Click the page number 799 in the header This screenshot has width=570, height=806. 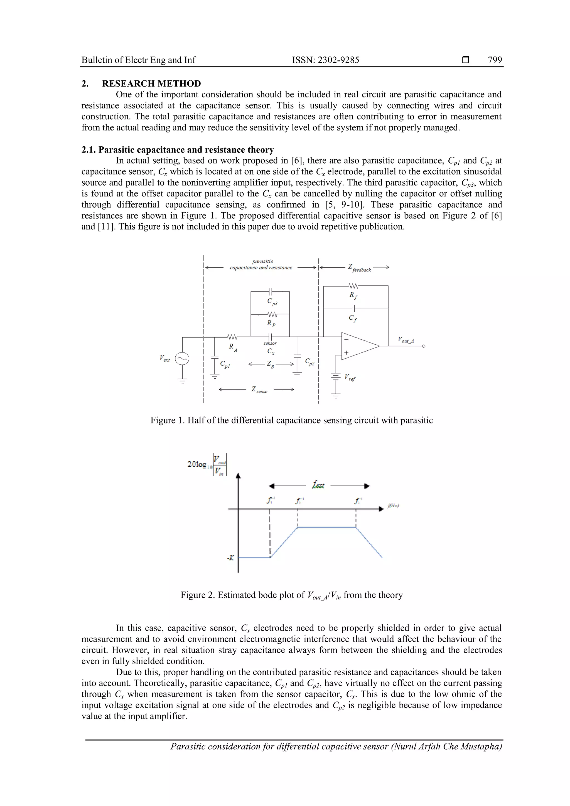tap(495, 60)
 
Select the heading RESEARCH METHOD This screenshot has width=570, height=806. tap(151, 83)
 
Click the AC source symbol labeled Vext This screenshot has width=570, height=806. tap(182, 358)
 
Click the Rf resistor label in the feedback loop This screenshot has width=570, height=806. tap(353, 295)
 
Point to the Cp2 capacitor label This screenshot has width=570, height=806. tap(309, 362)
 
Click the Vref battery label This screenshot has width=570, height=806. tap(350, 377)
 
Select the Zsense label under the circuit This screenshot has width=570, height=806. tap(259, 390)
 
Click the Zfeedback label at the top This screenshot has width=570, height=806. tap(359, 268)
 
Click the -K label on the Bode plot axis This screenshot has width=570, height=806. tap(230, 558)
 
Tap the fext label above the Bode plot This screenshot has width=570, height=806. tap(318, 485)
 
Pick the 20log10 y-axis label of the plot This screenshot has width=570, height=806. tap(207, 465)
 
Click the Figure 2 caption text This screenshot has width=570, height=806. tap(291, 595)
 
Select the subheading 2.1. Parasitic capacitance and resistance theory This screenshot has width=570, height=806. tap(177, 150)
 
